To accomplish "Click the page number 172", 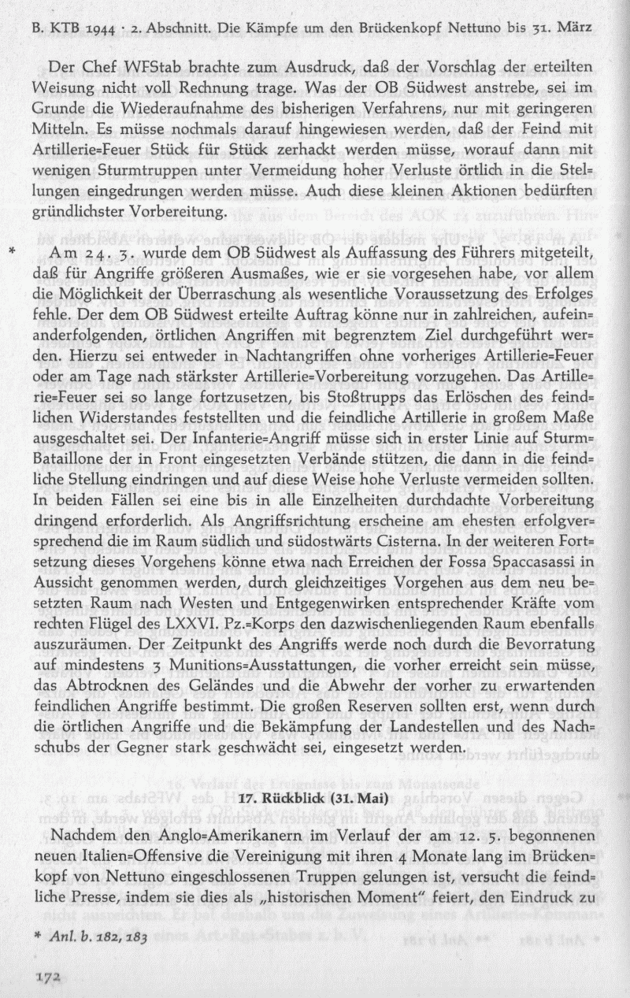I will pos(48,974).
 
